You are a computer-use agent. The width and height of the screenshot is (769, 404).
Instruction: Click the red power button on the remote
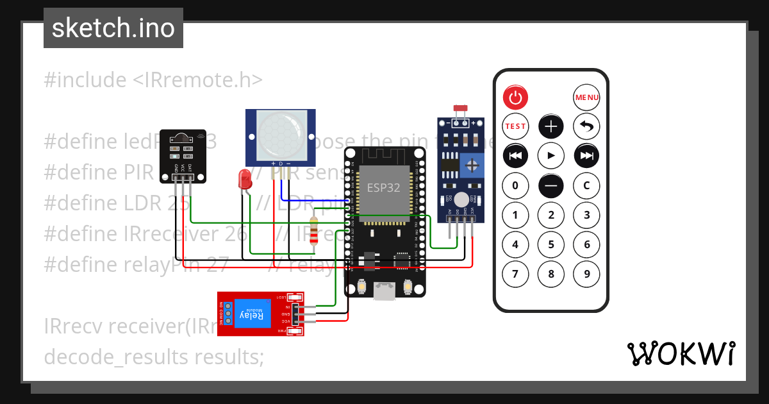click(515, 97)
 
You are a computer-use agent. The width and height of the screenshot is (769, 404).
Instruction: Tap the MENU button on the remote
click(586, 97)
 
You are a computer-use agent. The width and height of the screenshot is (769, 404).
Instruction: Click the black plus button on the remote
click(550, 126)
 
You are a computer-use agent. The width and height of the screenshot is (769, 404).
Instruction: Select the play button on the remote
click(550, 155)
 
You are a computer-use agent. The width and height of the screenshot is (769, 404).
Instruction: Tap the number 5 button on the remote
click(550, 244)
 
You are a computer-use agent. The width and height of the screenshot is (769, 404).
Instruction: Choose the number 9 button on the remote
click(586, 274)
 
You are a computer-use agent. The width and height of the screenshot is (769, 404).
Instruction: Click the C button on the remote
click(586, 186)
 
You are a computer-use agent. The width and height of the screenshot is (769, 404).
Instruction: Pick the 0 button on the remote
click(515, 186)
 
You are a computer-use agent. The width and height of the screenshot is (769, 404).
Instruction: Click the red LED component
click(244, 179)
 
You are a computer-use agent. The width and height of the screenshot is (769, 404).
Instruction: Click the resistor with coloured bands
click(313, 231)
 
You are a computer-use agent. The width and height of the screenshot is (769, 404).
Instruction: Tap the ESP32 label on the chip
click(383, 188)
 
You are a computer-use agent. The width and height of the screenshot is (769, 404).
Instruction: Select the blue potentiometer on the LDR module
click(473, 165)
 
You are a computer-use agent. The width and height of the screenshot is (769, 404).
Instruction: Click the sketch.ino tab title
click(113, 28)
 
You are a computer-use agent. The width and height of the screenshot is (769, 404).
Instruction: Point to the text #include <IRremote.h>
click(154, 80)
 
